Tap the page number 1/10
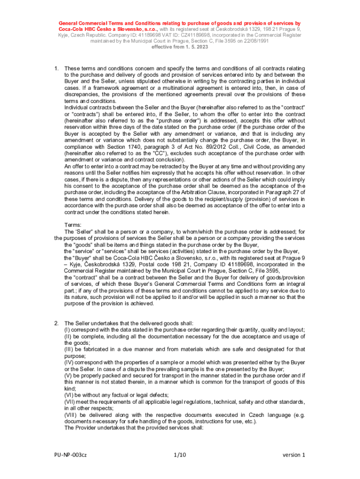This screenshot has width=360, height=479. [180, 455]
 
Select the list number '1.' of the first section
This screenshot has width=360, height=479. [57, 68]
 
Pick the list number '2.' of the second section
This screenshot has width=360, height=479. [57, 323]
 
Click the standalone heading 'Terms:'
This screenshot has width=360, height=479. [74, 225]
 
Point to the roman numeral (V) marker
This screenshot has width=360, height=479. [68, 376]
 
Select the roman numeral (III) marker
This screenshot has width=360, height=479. [69, 349]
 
